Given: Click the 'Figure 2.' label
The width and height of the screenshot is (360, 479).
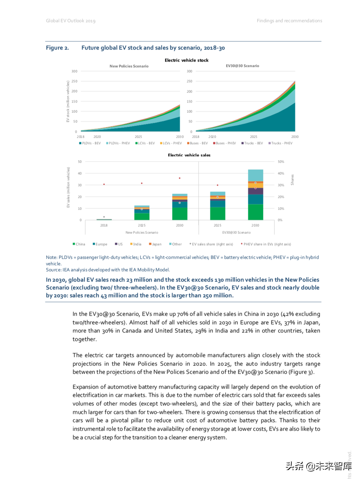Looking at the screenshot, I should [x=57, y=48].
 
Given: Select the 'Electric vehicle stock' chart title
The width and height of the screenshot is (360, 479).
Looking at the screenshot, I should [x=186, y=60].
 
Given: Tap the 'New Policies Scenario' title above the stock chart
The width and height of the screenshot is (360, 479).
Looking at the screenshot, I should [x=129, y=66].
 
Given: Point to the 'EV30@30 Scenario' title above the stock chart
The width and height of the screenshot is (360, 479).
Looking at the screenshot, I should [x=242, y=66].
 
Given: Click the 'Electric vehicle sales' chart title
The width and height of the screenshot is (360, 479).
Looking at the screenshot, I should [x=189, y=155].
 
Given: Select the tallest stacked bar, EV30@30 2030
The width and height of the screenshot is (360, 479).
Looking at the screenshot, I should [x=255, y=195].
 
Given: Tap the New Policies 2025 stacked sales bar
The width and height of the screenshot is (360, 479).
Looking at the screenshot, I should [x=142, y=213].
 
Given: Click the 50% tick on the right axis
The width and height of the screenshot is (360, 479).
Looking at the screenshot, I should [x=281, y=162].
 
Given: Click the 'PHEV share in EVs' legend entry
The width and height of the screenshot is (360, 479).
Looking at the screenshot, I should [x=266, y=244].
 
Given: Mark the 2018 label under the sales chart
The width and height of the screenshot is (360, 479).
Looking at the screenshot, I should [x=104, y=225].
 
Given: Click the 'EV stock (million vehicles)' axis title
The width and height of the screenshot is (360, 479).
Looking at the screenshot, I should [x=68, y=101].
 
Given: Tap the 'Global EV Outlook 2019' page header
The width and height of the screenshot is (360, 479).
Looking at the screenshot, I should [x=70, y=21].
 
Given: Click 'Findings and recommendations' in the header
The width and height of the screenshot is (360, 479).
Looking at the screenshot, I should [x=289, y=21].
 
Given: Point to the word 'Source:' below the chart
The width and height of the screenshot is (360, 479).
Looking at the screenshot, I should [x=54, y=270].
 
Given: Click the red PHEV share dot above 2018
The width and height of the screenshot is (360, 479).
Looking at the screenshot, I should [x=104, y=184].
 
